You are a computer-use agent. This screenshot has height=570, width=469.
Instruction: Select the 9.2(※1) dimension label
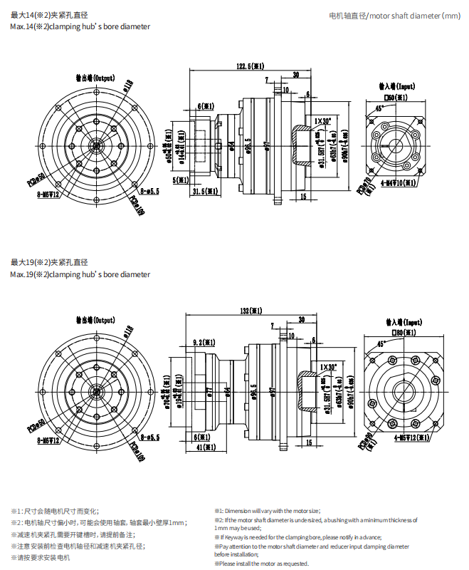[x=204, y=343]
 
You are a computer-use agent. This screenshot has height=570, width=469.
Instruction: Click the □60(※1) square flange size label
[x=396, y=97]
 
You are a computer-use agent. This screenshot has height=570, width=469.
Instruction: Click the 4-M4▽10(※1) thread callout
[x=399, y=183]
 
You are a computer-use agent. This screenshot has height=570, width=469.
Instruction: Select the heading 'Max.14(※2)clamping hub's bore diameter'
[x=80, y=26]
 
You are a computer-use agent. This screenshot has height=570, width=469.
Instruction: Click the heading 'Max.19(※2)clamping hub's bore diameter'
[x=80, y=274]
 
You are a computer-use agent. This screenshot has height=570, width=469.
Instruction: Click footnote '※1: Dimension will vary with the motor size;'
[x=268, y=511]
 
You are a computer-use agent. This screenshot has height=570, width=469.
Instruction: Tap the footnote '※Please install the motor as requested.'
[x=262, y=564]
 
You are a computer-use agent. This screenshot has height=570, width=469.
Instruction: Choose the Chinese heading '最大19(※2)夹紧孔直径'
[x=51, y=262]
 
